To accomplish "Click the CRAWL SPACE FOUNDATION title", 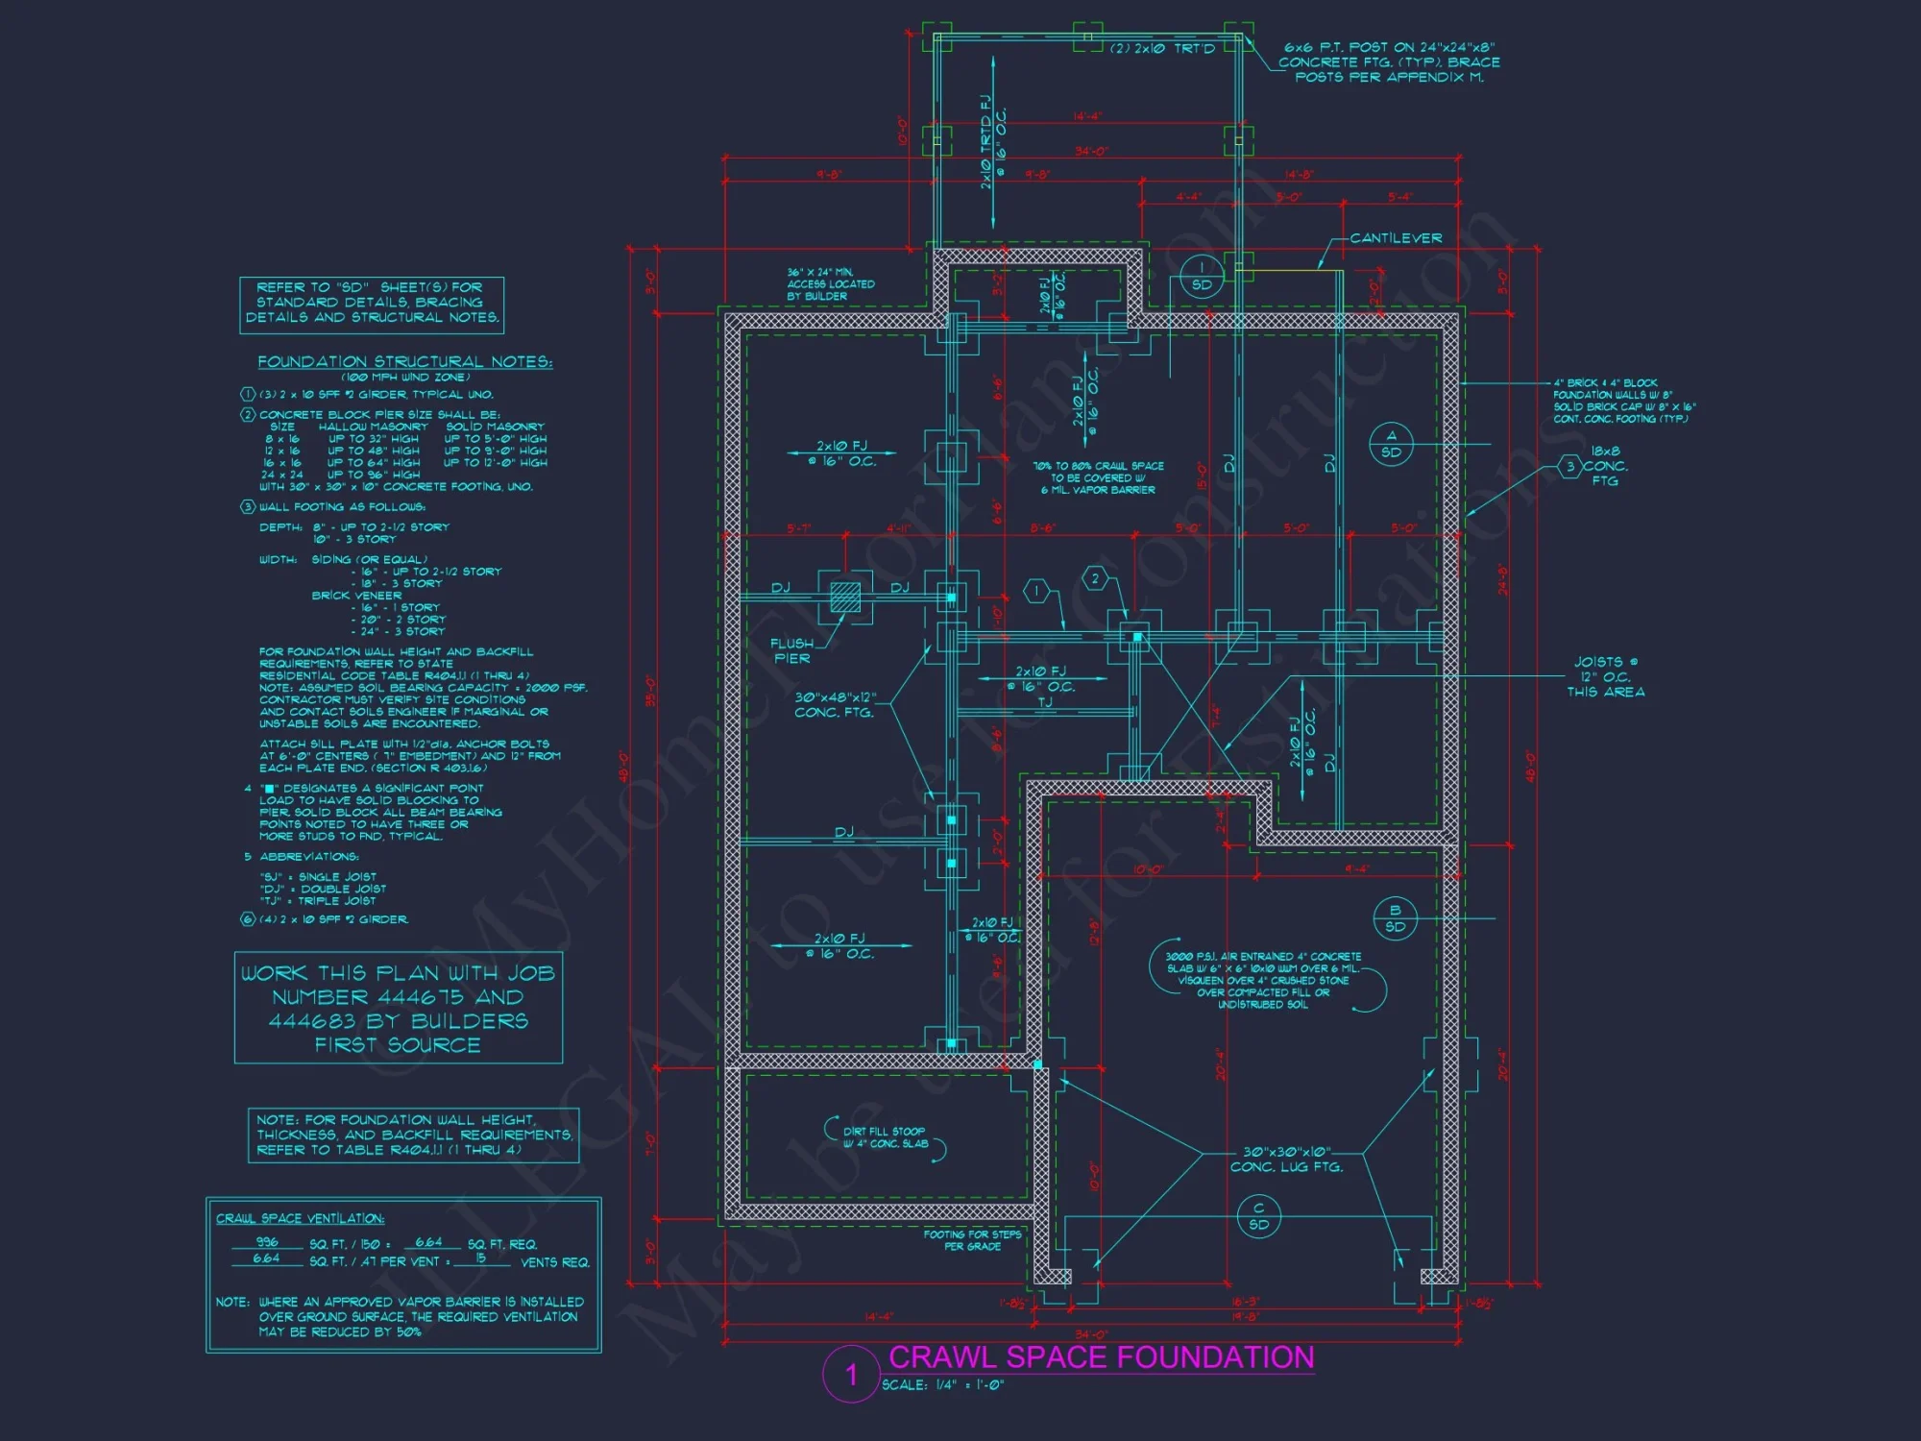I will pyautogui.click(x=1101, y=1356).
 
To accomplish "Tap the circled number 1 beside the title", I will pyautogui.click(x=851, y=1375).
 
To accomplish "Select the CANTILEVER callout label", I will pyautogui.click(x=1395, y=238).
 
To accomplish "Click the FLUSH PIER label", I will pyautogui.click(x=792, y=651).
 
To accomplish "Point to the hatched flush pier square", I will pyautogui.click(x=845, y=598).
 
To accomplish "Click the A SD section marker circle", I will pyautogui.click(x=1391, y=444).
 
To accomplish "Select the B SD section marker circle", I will pyautogui.click(x=1395, y=918).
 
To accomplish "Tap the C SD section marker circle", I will pyautogui.click(x=1258, y=1216).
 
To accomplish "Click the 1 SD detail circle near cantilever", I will pyautogui.click(x=1202, y=277).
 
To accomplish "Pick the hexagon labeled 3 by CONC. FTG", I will pyautogui.click(x=1569, y=467).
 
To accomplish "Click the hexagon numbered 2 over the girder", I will pyautogui.click(x=1095, y=578).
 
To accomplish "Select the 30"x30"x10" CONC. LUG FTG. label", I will pyautogui.click(x=1287, y=1159).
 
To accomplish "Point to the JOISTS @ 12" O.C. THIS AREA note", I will pyautogui.click(x=1605, y=676).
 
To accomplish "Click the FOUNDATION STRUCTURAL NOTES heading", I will pyautogui.click(x=404, y=361).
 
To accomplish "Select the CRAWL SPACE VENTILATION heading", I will pyautogui.click(x=300, y=1218).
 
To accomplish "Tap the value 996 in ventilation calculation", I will pyautogui.click(x=266, y=1242).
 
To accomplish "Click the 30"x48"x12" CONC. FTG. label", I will pyautogui.click(x=835, y=704).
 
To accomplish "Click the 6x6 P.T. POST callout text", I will pyautogui.click(x=1389, y=61).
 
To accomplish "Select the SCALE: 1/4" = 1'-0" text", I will pyautogui.click(x=942, y=1385).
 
